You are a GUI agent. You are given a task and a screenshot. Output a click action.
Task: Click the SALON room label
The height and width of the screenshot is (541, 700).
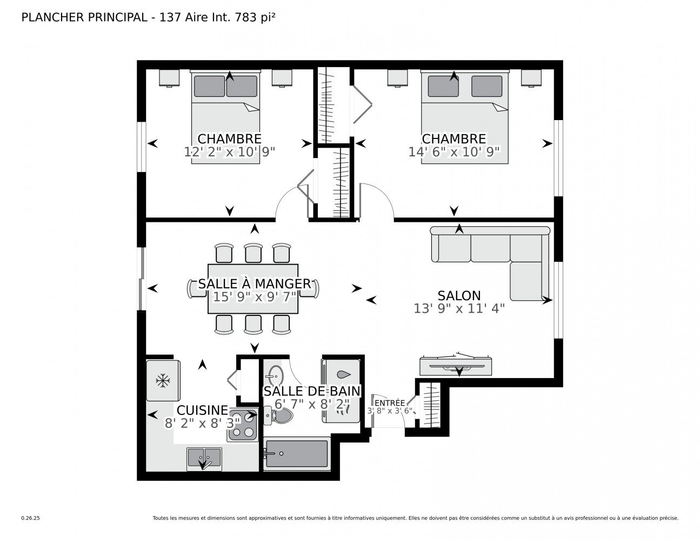pyautogui.click(x=459, y=295)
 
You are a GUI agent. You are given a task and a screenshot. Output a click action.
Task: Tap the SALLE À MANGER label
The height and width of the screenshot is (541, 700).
pyautogui.click(x=255, y=283)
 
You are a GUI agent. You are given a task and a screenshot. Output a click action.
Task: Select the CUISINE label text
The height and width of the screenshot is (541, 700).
pyautogui.click(x=202, y=410)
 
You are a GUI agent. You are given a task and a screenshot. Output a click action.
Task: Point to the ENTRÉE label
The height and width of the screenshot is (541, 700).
pyautogui.click(x=390, y=403)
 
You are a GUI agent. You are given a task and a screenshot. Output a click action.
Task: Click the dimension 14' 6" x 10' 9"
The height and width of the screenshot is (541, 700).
pyautogui.click(x=454, y=151)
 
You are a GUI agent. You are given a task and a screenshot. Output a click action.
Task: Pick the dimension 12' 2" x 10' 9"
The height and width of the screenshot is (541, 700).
pyautogui.click(x=229, y=151)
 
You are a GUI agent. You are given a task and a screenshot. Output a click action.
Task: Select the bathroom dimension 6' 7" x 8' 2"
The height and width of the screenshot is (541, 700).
pyautogui.click(x=312, y=404)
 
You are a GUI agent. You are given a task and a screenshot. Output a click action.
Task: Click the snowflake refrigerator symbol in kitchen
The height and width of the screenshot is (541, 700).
pyautogui.click(x=163, y=381)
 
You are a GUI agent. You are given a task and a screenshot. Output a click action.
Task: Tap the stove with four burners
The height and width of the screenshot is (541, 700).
pyautogui.click(x=243, y=424)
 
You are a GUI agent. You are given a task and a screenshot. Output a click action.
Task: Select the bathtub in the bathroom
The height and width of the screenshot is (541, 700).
pyautogui.click(x=297, y=453)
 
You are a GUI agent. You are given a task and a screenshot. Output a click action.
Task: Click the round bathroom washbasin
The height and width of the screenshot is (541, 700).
pyautogui.click(x=276, y=375)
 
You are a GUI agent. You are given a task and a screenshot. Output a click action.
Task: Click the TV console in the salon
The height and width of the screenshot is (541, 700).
pyautogui.click(x=456, y=366)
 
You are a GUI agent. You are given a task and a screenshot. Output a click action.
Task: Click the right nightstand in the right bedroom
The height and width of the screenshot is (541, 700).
pyautogui.click(x=531, y=78)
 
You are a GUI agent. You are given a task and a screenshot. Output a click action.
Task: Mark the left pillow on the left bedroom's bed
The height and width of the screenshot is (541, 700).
pyautogui.click(x=209, y=86)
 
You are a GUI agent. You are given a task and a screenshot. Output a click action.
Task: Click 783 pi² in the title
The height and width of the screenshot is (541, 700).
pyautogui.click(x=255, y=17)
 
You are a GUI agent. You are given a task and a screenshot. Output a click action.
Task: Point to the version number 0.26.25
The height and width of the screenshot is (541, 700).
pyautogui.click(x=31, y=518)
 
